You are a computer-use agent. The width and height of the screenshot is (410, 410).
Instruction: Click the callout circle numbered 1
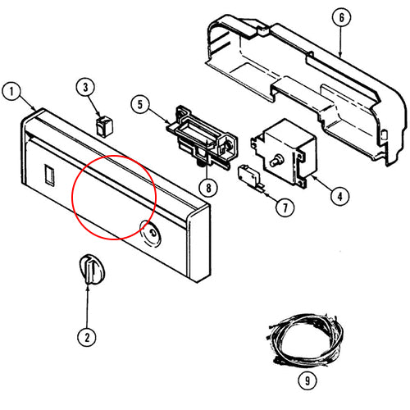(x=11, y=91)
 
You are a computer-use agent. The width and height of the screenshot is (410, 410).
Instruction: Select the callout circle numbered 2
(x=87, y=337)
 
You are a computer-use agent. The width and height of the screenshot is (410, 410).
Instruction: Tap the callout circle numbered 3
(x=85, y=88)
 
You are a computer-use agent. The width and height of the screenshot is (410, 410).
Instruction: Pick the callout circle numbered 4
(x=339, y=196)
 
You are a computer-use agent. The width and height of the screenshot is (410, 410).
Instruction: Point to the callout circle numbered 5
(x=140, y=104)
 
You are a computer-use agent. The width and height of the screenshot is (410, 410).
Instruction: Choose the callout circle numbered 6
(x=341, y=17)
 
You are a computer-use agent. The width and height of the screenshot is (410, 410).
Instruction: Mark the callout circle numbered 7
(x=285, y=207)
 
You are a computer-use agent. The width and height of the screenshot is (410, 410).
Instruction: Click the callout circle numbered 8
(x=208, y=188)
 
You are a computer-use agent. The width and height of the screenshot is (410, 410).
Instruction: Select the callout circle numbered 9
(x=307, y=380)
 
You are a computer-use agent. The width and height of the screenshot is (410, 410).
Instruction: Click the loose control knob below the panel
(x=92, y=270)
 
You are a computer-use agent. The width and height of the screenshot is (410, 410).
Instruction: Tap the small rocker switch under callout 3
(x=105, y=126)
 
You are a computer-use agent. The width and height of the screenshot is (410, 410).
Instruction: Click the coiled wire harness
(x=305, y=339)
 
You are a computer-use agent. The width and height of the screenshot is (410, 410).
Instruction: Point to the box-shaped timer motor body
(x=285, y=153)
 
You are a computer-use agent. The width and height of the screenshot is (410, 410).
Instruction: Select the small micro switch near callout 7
(x=251, y=177)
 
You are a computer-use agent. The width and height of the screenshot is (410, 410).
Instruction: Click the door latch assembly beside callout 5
(x=203, y=137)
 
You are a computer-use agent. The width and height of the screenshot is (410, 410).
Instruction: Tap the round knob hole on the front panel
(x=150, y=234)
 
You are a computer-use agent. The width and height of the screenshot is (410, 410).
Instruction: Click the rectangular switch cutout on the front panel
(x=49, y=175)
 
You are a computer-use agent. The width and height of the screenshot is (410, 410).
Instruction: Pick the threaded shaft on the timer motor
(x=276, y=161)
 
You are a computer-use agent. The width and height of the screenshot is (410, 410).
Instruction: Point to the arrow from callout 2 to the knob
(x=88, y=307)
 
